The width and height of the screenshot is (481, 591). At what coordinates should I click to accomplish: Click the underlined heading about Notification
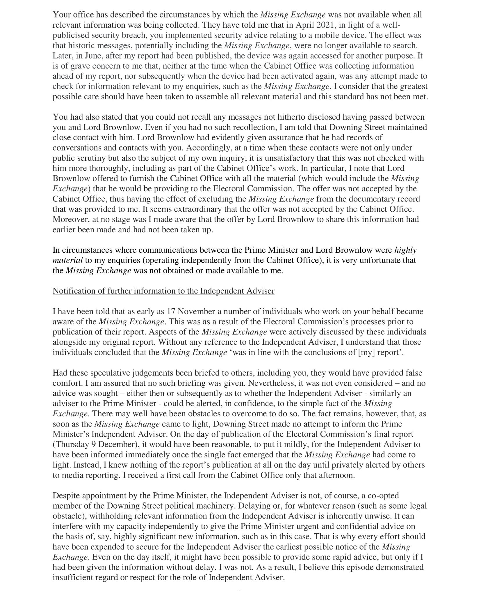163,291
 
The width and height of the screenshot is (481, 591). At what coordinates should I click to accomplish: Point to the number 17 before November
171,311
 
